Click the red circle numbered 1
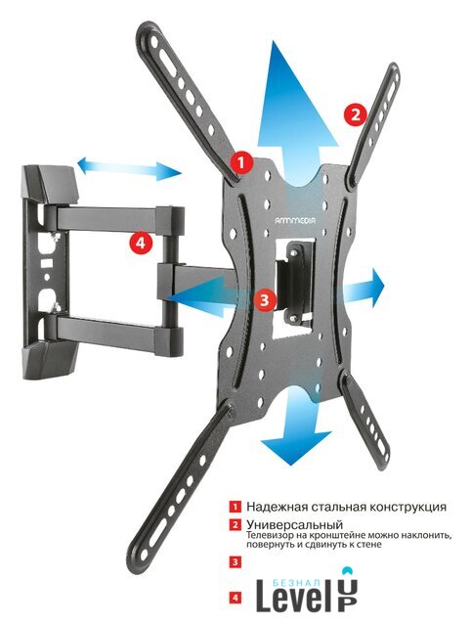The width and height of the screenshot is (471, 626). pyautogui.click(x=241, y=162)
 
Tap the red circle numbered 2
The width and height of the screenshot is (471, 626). pyautogui.click(x=355, y=115)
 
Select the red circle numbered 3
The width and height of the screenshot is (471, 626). pyautogui.click(x=266, y=299)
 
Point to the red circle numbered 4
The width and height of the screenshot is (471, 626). pyautogui.click(x=141, y=242)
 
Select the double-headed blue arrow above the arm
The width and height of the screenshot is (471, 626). pyautogui.click(x=129, y=169)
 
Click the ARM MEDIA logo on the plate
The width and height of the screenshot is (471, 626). pyautogui.click(x=295, y=219)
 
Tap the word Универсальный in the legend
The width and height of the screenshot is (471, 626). pyautogui.click(x=295, y=524)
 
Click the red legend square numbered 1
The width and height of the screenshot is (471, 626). pyautogui.click(x=235, y=507)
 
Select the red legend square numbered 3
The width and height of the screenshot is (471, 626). pyautogui.click(x=235, y=562)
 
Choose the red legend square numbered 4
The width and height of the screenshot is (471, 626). pyautogui.click(x=235, y=598)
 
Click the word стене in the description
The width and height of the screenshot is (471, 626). pyautogui.click(x=370, y=545)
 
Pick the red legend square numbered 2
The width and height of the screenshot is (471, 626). pyautogui.click(x=235, y=524)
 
